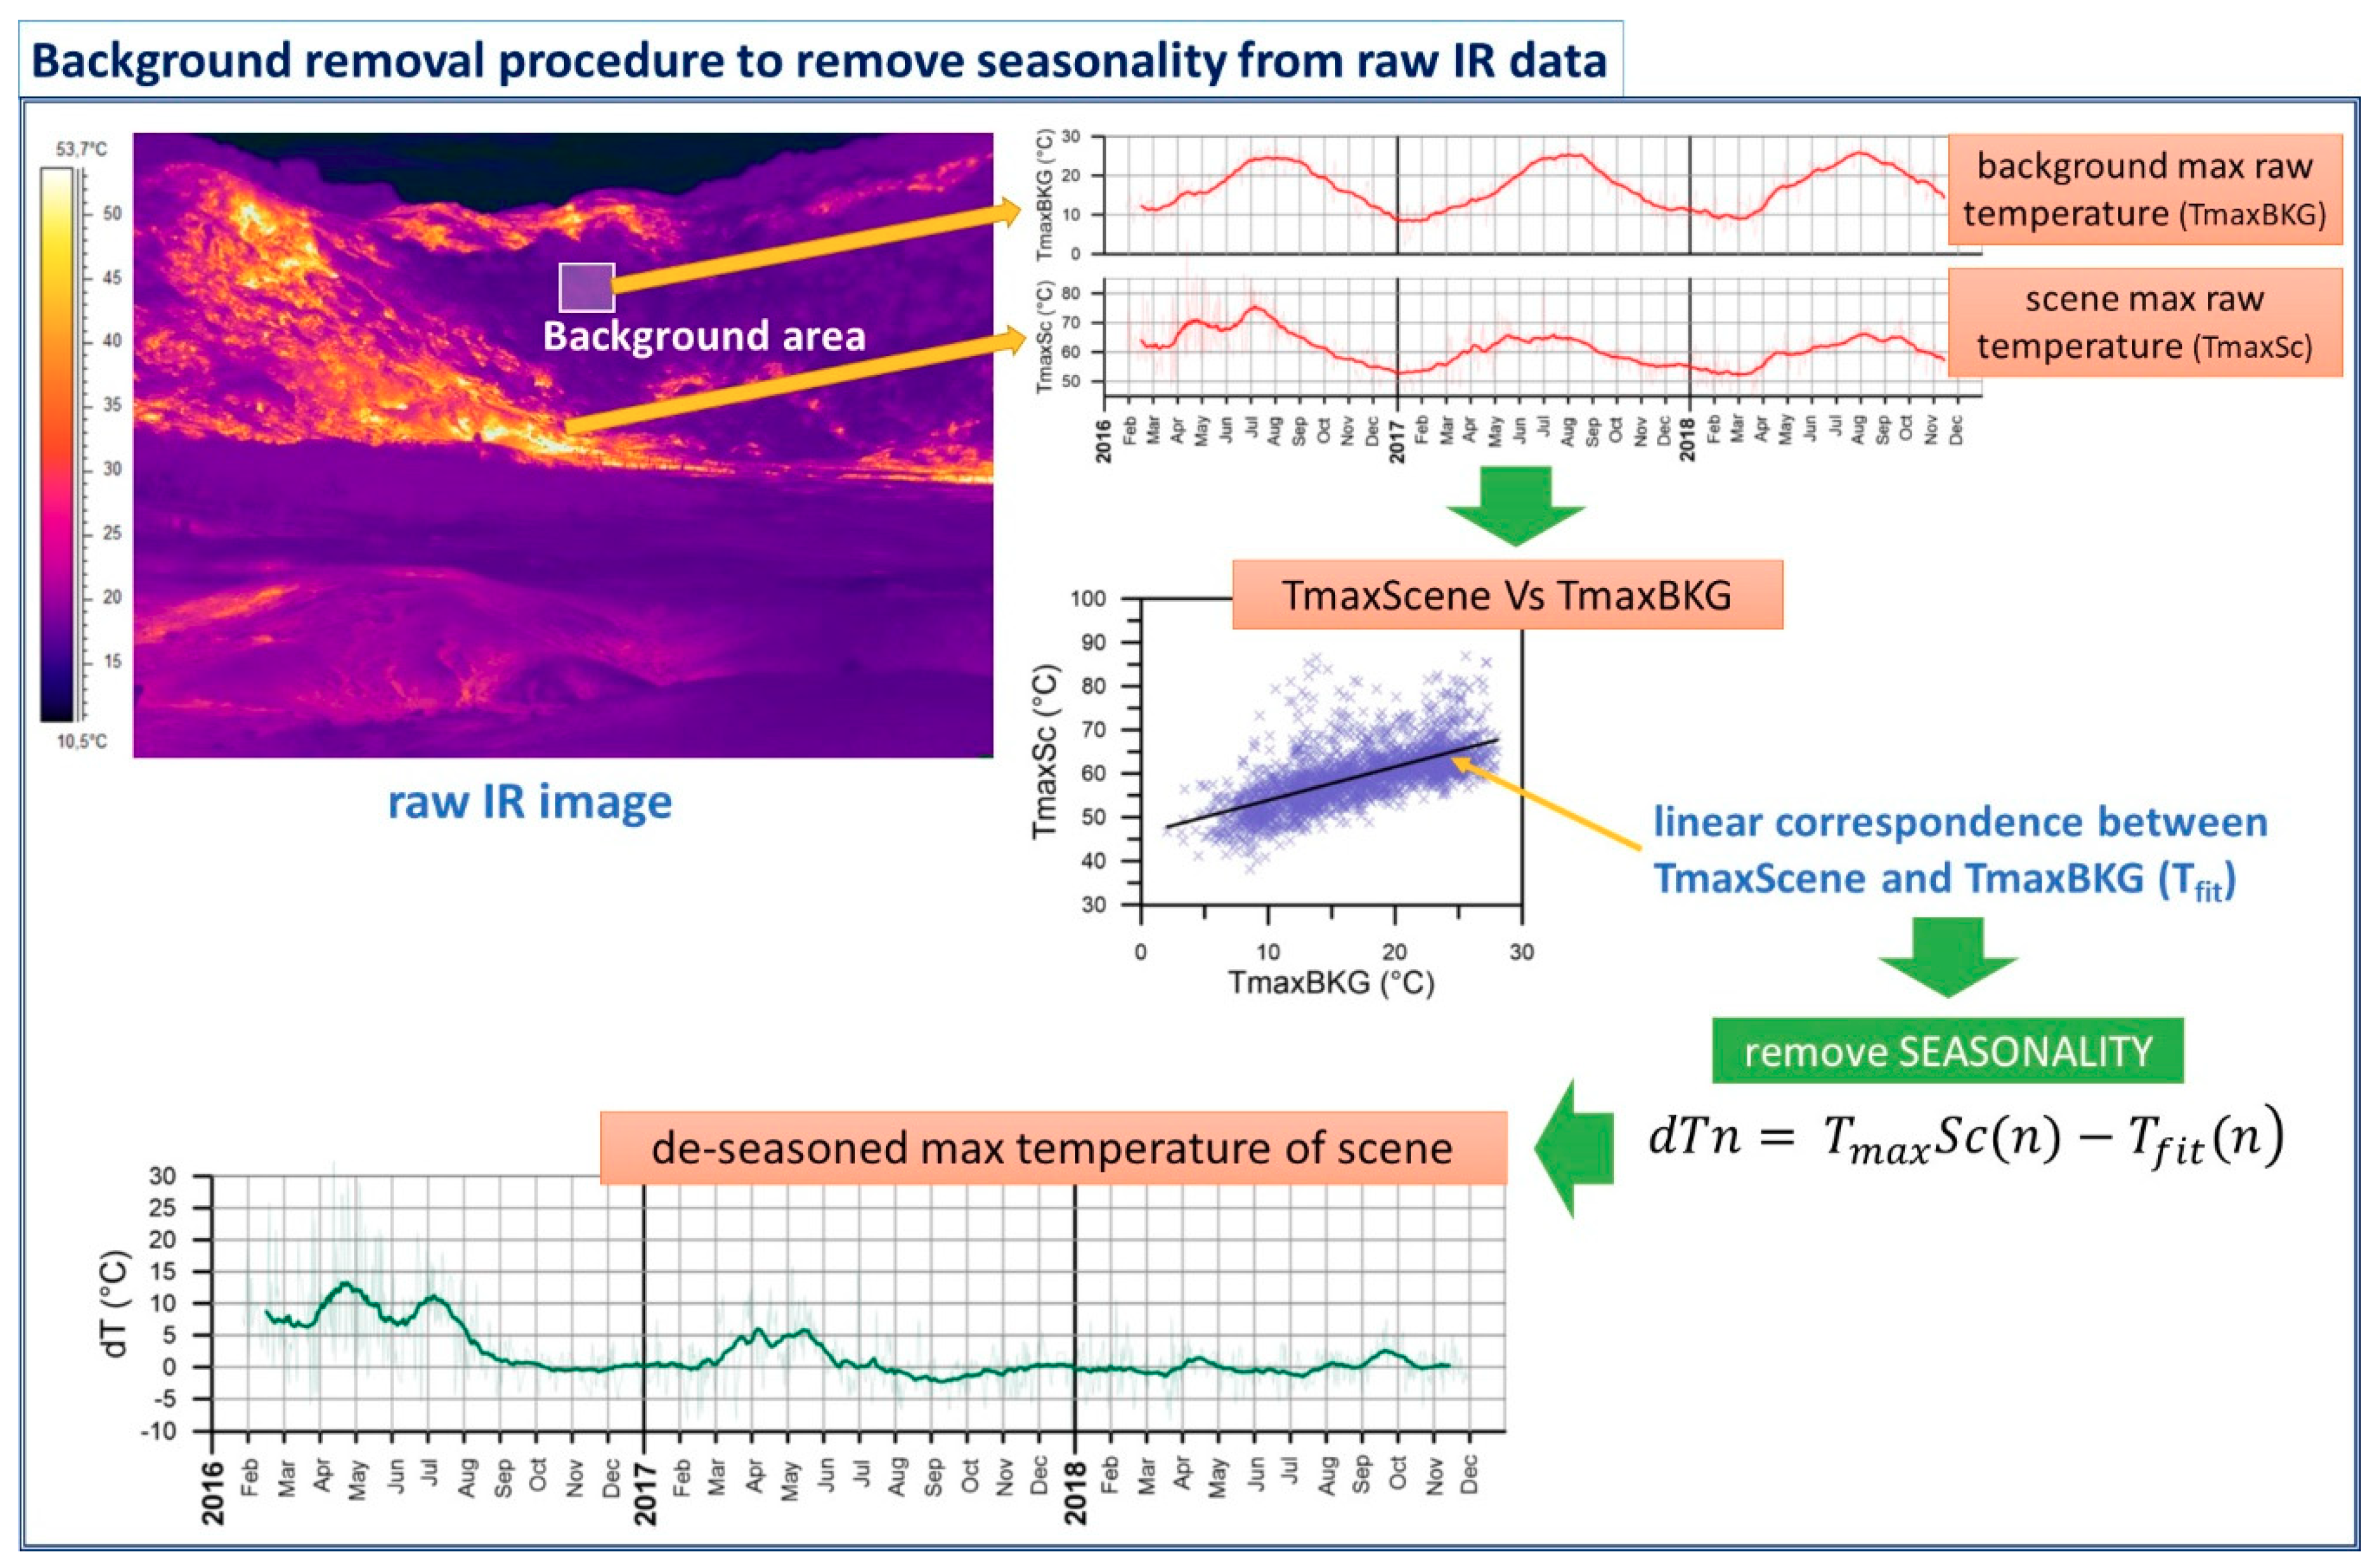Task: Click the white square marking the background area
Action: [586, 287]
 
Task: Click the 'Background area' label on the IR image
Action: [704, 336]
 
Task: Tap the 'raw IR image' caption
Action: [530, 802]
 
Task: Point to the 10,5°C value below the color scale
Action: [81, 741]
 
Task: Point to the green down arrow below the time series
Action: [1515, 506]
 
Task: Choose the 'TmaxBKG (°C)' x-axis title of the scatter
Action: [1331, 983]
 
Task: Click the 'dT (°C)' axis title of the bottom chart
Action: [117, 1303]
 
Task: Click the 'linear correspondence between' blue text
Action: [1960, 823]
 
